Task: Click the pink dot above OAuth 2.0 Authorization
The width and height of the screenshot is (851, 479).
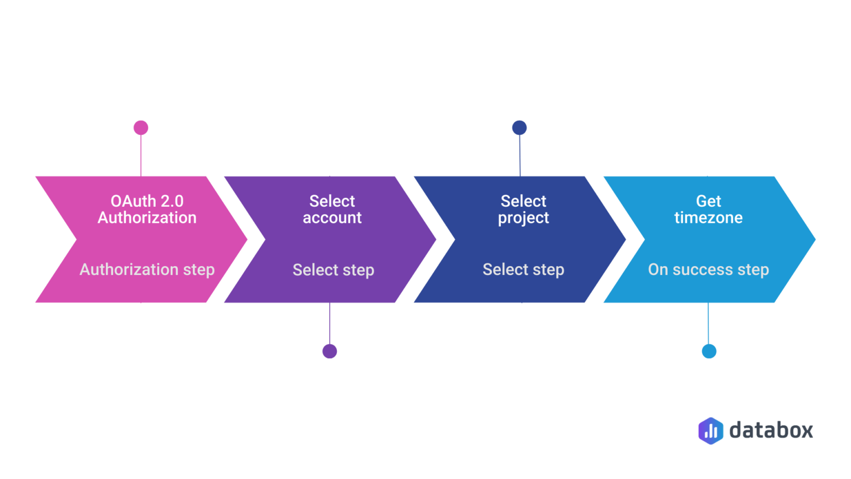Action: [141, 128]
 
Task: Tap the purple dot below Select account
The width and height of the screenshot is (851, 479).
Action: [330, 351]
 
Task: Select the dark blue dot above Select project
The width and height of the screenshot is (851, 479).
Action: [519, 128]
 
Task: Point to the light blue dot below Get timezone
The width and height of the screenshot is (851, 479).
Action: [709, 351]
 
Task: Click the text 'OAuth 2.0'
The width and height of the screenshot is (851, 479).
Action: [147, 201]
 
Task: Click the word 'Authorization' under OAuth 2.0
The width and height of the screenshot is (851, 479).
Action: [147, 218]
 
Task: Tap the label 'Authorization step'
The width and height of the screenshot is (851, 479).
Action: [147, 270]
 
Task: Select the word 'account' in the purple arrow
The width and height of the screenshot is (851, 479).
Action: [332, 218]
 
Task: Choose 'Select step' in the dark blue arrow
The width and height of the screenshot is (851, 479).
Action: [523, 270]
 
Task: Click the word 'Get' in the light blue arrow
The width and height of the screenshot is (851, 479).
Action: [709, 201]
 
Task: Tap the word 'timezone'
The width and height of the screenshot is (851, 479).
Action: [709, 218]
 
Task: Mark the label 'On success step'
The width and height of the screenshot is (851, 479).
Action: [709, 270]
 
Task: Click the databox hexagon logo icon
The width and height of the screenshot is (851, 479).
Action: [711, 431]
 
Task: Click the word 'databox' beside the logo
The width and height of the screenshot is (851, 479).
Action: [771, 430]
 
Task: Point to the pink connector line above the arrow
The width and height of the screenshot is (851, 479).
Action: [141, 155]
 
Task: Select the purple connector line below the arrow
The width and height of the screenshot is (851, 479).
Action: [330, 323]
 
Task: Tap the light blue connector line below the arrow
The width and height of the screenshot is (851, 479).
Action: [708, 323]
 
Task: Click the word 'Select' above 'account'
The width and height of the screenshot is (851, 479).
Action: [332, 201]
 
